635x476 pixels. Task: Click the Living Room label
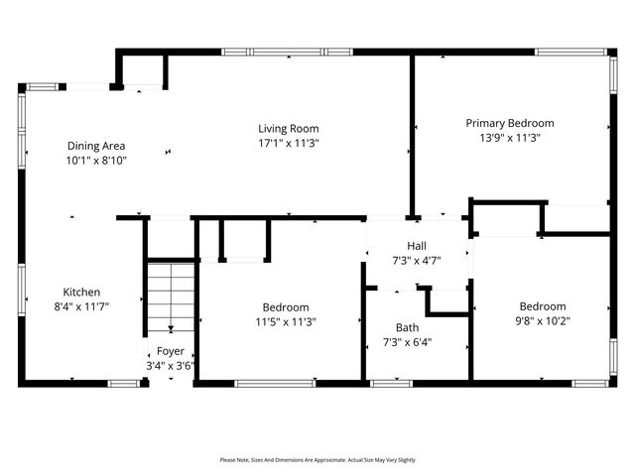(288, 128)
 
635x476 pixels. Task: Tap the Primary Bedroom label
(510, 123)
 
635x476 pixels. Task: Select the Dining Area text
(96, 145)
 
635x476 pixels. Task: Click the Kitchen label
(81, 292)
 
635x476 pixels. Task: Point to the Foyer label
(170, 351)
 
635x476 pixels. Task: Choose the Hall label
(417, 246)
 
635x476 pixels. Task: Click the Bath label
(407, 327)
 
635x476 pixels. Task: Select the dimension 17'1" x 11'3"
(288, 143)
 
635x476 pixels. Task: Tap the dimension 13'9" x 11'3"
(510, 138)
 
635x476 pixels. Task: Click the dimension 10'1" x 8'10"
(96, 160)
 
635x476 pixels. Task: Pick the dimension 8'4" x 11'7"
(81, 306)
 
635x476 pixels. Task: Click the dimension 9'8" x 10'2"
(543, 320)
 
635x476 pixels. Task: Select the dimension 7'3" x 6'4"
(407, 342)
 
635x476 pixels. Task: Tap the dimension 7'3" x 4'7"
(417, 261)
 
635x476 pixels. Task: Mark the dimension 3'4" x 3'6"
(170, 365)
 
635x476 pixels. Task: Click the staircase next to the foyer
(171, 296)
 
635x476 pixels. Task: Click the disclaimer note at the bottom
(317, 460)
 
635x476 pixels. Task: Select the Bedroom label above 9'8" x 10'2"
(543, 306)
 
